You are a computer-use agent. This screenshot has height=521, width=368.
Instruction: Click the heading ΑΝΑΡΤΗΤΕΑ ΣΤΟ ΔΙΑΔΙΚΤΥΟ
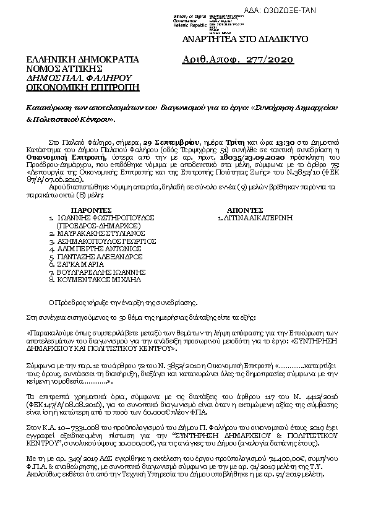[242, 39]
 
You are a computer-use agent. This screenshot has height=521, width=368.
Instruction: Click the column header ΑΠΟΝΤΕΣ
[246, 210]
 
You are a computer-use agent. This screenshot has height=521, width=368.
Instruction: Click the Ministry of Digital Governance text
[189, 17]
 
